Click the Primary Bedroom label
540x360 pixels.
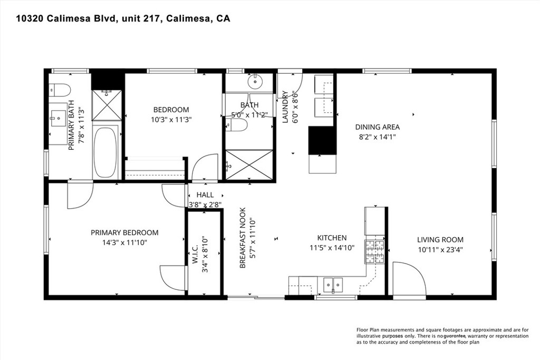pos(124,232)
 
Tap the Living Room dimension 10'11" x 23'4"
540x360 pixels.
pos(440,249)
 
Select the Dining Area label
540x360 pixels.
pos(378,127)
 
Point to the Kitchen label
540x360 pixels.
pos(332,238)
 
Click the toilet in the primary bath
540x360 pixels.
pos(60,90)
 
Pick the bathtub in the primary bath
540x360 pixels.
pos(105,153)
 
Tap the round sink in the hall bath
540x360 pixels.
pos(255,82)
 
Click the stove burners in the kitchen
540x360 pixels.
pos(375,251)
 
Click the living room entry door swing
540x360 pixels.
pos(409,279)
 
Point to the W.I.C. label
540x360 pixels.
pos(195,255)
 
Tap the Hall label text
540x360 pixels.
pos(205,195)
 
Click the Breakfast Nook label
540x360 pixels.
pos(243,238)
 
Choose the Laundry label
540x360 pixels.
pos(285,106)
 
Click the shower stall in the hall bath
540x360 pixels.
pos(249,165)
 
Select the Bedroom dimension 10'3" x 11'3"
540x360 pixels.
pos(171,120)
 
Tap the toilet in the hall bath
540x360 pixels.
pos(236,125)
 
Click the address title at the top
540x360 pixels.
pos(123,18)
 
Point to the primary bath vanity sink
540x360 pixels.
pos(58,119)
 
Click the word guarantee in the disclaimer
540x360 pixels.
pos(455,336)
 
